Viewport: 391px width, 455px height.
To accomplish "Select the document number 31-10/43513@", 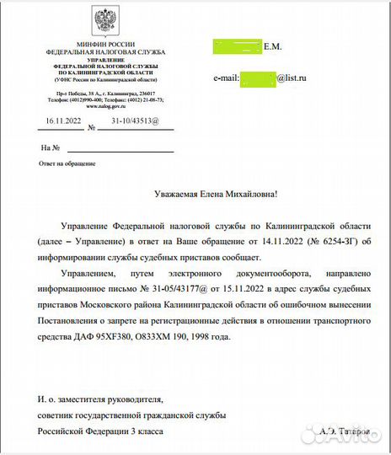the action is point(134,120).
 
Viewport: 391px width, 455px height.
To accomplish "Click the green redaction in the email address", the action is point(259,78).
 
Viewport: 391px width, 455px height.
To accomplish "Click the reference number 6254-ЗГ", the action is point(330,243).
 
